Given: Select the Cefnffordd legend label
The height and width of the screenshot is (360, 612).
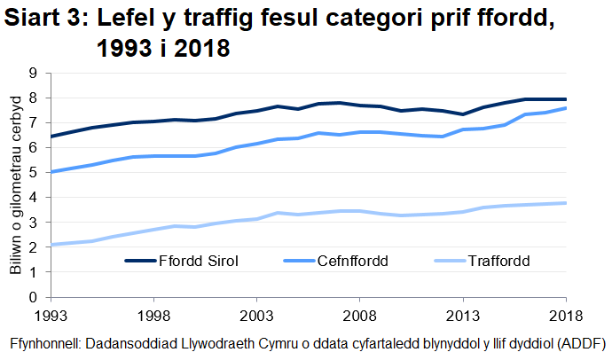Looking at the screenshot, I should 353,262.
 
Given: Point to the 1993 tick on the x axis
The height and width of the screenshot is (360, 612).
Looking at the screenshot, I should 51,315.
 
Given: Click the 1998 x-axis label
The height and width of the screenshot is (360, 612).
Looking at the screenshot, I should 153,315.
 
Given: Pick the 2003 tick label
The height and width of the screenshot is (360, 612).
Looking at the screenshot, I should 256,315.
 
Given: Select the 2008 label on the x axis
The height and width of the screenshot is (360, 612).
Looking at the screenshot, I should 359,315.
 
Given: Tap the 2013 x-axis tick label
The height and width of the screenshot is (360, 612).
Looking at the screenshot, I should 462,315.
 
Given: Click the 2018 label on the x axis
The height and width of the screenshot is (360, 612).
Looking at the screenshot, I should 565,315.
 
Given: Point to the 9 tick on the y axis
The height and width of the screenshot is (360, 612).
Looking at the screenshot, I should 35,74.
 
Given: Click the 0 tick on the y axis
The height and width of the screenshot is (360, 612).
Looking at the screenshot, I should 35,298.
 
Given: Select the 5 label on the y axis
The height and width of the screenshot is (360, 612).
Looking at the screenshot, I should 35,173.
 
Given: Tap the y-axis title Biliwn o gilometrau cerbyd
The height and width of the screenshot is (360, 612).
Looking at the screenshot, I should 15,186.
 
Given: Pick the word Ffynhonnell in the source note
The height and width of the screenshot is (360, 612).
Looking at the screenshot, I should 43,343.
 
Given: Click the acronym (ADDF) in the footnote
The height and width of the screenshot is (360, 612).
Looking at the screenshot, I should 577,343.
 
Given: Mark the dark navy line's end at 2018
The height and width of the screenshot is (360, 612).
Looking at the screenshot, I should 566,99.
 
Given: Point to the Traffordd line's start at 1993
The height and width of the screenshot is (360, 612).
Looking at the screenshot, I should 51,245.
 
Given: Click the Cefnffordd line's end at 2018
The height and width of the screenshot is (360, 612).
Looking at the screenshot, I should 566,108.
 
